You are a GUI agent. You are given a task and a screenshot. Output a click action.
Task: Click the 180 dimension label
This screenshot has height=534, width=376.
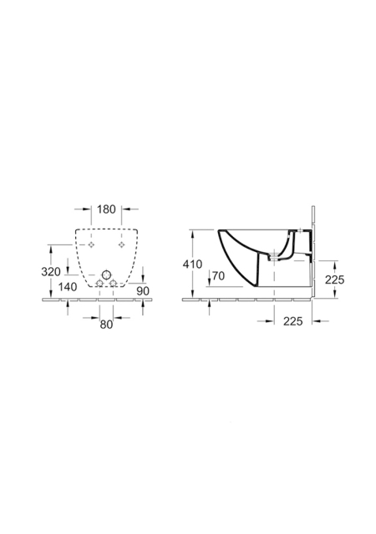click(106, 209)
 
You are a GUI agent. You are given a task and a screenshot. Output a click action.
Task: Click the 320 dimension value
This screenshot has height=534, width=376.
click(51, 272)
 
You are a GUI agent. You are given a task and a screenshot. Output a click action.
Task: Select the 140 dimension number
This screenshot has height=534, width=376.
click(67, 287)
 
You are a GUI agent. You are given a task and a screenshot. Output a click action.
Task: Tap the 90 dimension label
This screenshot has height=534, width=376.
click(143, 291)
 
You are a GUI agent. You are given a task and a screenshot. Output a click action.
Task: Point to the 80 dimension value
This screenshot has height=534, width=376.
click(106, 325)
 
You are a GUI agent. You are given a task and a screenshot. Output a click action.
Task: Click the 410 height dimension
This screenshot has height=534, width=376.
click(192, 264)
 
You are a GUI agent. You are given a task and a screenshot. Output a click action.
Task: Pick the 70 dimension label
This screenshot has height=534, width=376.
click(218, 276)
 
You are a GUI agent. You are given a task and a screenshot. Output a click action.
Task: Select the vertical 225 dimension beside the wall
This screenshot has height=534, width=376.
click(334, 280)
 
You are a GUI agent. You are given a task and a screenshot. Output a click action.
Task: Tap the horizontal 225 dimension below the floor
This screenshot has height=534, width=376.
click(292, 320)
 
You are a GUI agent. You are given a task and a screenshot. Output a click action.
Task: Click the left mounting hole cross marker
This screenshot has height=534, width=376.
click(91, 244)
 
